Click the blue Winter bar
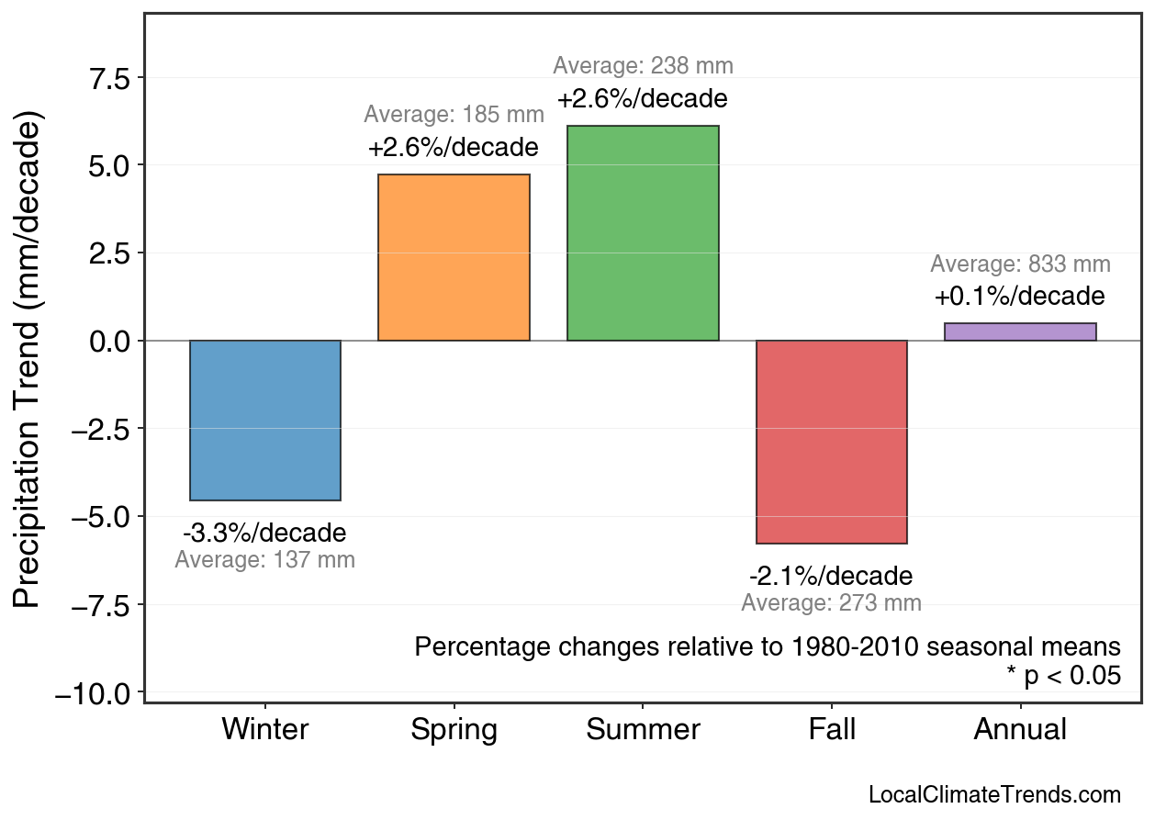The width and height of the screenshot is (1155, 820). click(x=264, y=420)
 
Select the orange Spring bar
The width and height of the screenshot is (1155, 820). click(x=454, y=257)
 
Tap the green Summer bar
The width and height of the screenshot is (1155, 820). click(x=643, y=233)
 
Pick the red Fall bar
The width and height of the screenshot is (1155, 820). click(x=831, y=442)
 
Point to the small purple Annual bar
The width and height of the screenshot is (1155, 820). click(x=1020, y=331)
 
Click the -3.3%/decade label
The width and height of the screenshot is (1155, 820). click(x=264, y=534)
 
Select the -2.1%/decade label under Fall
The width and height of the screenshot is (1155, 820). click(x=831, y=577)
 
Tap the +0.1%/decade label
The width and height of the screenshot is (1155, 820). click(x=1020, y=298)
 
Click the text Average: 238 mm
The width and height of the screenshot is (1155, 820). click(x=643, y=66)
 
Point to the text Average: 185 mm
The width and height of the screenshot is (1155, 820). click(x=454, y=116)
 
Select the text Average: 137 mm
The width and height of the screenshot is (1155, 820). click(x=264, y=560)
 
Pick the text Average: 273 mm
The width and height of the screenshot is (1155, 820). click(x=831, y=603)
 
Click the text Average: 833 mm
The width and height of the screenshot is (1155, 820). click(x=1020, y=265)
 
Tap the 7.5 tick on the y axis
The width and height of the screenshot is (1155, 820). click(x=111, y=78)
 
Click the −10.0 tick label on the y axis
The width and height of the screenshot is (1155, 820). click(x=95, y=693)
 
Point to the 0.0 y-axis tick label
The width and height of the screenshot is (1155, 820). click(x=111, y=342)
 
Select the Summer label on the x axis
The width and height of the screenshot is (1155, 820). click(x=643, y=730)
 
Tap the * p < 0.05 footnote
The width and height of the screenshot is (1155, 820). click(x=1063, y=676)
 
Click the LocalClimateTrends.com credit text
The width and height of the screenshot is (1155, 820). click(x=993, y=795)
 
